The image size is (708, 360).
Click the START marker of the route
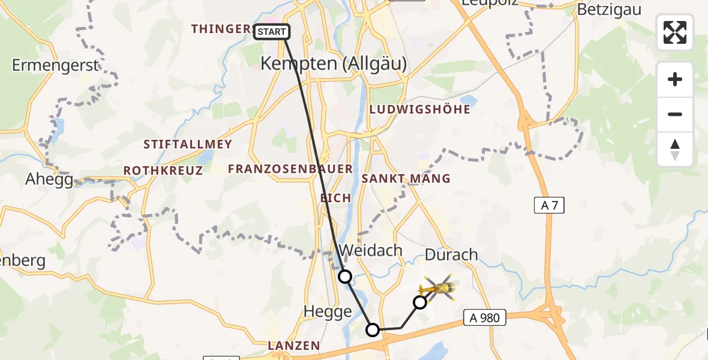click(272, 32)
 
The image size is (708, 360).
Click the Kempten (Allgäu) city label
click(334, 64)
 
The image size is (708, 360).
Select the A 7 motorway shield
click(549, 205)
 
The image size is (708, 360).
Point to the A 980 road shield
click(485, 317)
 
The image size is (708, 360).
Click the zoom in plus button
click(675, 80)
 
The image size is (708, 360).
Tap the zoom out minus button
click(675, 114)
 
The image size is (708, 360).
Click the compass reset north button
click(675, 149)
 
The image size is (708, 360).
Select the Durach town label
click(451, 254)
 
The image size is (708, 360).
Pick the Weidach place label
click(371, 250)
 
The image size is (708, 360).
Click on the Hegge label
click(328, 311)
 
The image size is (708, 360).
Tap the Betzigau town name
click(609, 10)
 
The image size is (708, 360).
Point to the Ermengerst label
click(55, 65)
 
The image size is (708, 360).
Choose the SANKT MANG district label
click(406, 179)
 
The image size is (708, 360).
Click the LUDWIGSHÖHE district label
click(420, 110)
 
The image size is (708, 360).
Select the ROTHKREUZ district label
click(163, 171)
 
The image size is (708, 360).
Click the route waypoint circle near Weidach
click(345, 277)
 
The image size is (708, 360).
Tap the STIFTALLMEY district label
click(187, 145)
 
